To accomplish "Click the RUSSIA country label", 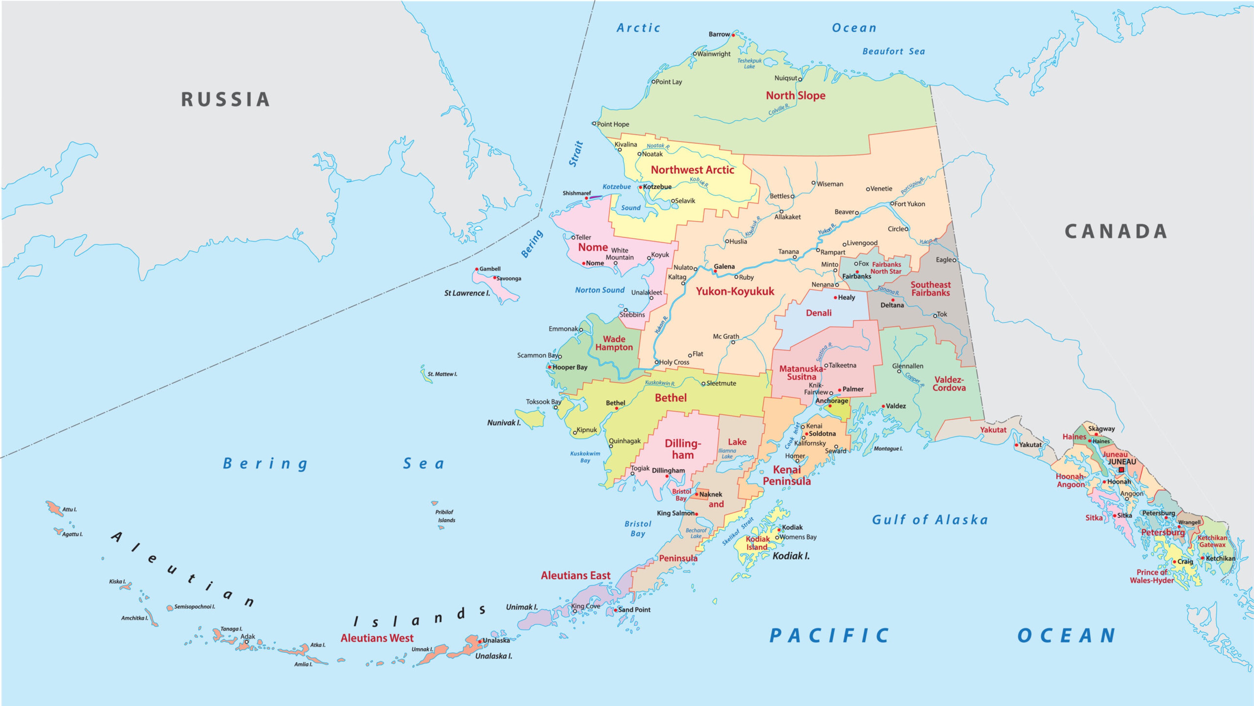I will (x=225, y=99).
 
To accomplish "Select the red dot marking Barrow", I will (x=733, y=35).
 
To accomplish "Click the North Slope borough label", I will (x=796, y=95).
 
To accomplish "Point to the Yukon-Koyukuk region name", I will (x=734, y=291).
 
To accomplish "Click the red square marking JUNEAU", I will (x=1121, y=470).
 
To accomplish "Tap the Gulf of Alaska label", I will (x=930, y=520).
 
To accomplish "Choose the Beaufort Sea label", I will (x=893, y=51).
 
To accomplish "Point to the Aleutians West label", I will (x=377, y=638).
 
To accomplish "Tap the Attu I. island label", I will (x=69, y=510).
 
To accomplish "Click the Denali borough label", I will (x=819, y=313).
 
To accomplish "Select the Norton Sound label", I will (x=600, y=290).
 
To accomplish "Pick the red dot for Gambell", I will (x=476, y=269).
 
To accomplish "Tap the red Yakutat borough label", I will (x=993, y=430).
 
